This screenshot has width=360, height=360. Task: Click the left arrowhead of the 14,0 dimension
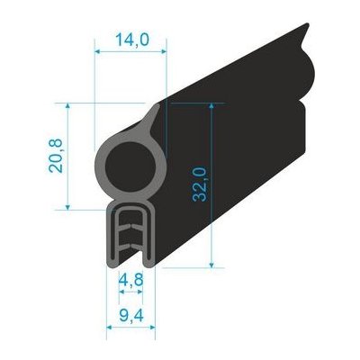pyautogui.click(x=98, y=52)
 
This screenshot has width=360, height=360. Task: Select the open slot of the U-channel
pyautogui.click(x=130, y=243)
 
